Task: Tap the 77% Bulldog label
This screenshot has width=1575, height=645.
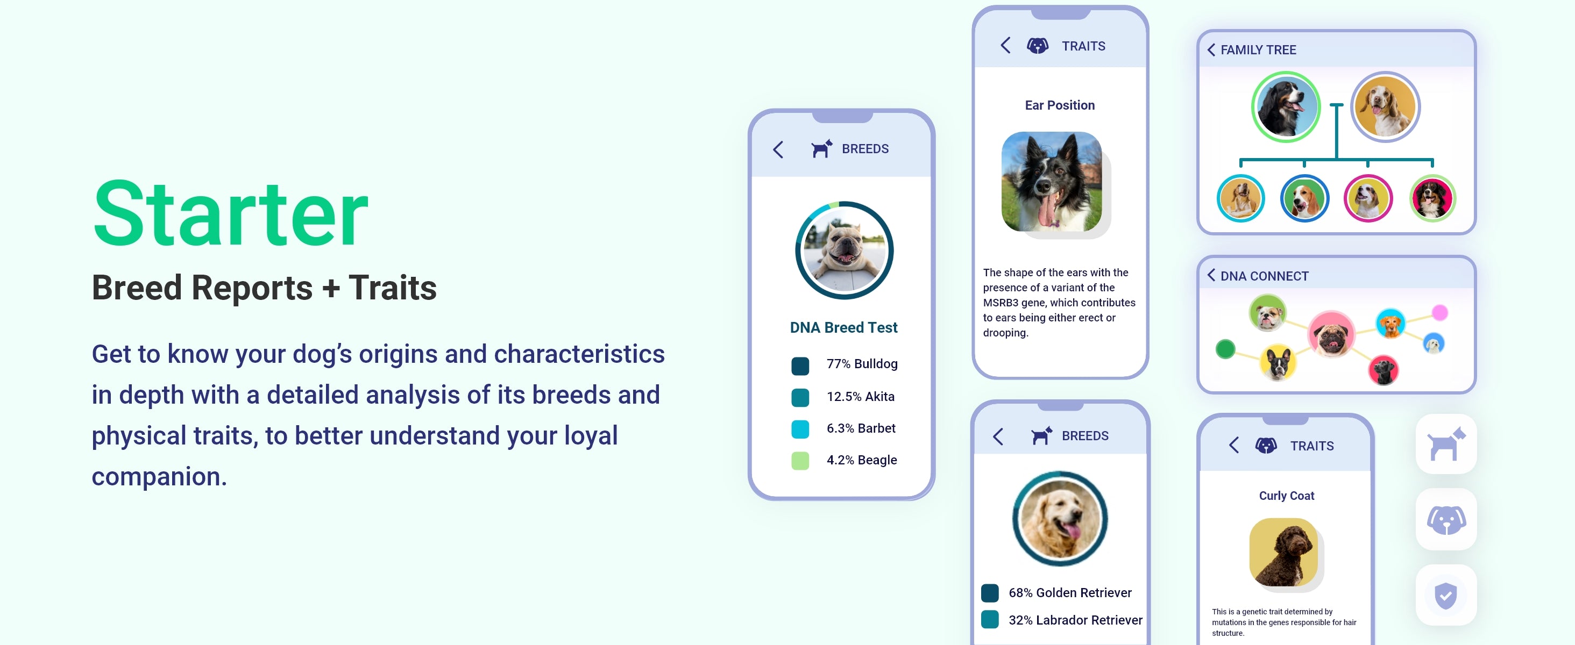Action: pyautogui.click(x=862, y=364)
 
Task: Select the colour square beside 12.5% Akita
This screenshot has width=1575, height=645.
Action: pyautogui.click(x=800, y=398)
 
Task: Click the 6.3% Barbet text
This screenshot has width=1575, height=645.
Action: pyautogui.click(x=861, y=428)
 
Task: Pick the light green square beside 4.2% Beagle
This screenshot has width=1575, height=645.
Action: pyautogui.click(x=800, y=461)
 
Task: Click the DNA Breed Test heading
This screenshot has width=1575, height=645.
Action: pyautogui.click(x=844, y=327)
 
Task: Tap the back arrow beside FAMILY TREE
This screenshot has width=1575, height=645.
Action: pyautogui.click(x=1211, y=49)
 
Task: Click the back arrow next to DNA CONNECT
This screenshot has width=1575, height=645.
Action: pyautogui.click(x=1211, y=275)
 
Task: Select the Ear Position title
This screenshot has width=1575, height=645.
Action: pyautogui.click(x=1060, y=105)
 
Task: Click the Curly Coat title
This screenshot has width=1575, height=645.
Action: pyautogui.click(x=1287, y=496)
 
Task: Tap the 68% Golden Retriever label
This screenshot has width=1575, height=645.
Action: pyautogui.click(x=1070, y=592)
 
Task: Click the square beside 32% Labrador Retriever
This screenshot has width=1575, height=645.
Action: pyautogui.click(x=990, y=619)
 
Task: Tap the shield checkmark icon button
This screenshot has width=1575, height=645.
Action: pyautogui.click(x=1446, y=595)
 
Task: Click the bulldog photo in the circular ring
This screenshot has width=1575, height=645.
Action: pyautogui.click(x=845, y=250)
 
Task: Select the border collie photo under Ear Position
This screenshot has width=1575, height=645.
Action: pyautogui.click(x=1052, y=182)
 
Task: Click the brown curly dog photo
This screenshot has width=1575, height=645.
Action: pyautogui.click(x=1283, y=552)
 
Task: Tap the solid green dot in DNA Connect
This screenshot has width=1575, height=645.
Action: pyautogui.click(x=1225, y=349)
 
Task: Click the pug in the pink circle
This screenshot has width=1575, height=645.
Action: pyautogui.click(x=1331, y=334)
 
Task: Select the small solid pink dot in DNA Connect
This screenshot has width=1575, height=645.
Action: pyautogui.click(x=1440, y=313)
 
